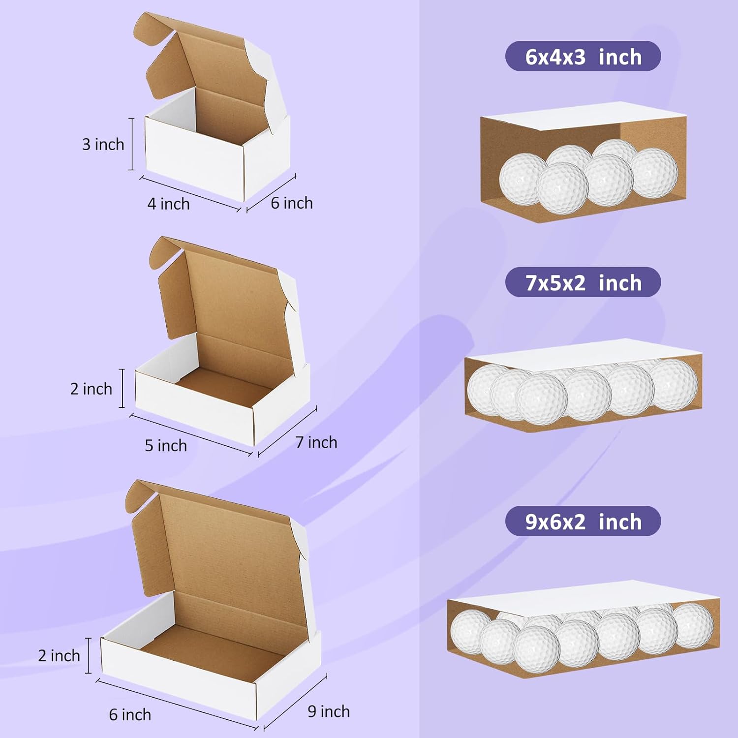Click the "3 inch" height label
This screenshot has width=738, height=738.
103,145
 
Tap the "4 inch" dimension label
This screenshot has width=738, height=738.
168,204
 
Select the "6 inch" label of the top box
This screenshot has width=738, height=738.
292,203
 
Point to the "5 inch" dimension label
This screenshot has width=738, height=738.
166,445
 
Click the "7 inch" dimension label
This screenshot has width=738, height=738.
316,442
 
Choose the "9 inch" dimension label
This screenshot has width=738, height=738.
329,711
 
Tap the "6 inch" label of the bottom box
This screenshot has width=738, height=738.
130,714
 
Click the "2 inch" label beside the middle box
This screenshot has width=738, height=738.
91,389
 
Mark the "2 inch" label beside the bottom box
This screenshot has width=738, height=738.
59,655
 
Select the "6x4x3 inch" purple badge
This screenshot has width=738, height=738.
583,57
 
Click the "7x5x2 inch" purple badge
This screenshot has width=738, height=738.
583,282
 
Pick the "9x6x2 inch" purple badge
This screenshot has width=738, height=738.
583,522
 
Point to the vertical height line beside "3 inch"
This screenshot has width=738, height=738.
132,144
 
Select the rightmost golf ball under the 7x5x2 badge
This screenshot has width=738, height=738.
673,384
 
